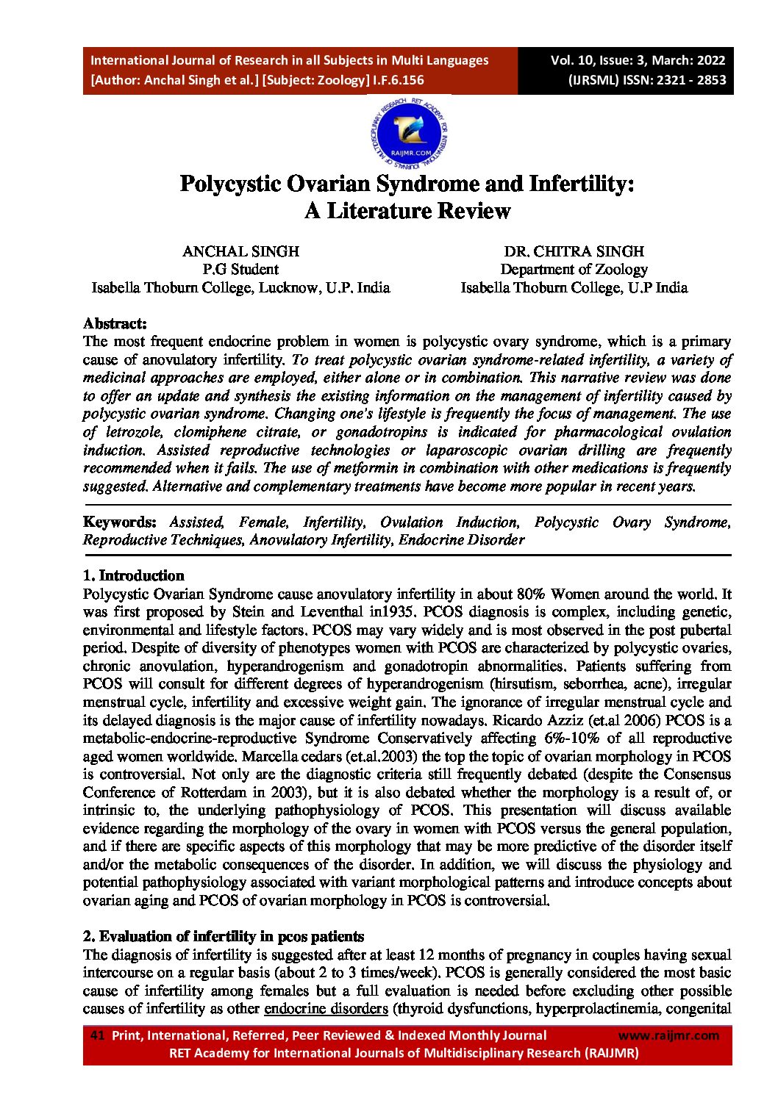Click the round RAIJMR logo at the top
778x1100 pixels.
pyautogui.click(x=410, y=133)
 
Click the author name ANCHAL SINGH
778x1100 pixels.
pyautogui.click(x=240, y=251)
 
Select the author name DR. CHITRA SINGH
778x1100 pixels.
pyautogui.click(x=574, y=251)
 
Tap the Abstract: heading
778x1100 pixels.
pyautogui.click(x=115, y=323)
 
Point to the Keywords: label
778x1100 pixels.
pyautogui.click(x=120, y=522)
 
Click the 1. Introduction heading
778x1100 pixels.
pyautogui.click(x=133, y=575)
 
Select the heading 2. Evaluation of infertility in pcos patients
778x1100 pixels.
pyautogui.click(x=224, y=936)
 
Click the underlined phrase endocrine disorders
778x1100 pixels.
pyautogui.click(x=326, y=1008)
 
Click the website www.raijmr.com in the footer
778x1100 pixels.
pyautogui.click(x=668, y=1035)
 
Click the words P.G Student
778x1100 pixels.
pyautogui.click(x=240, y=270)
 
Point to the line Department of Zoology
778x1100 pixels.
pyautogui.click(x=574, y=270)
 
